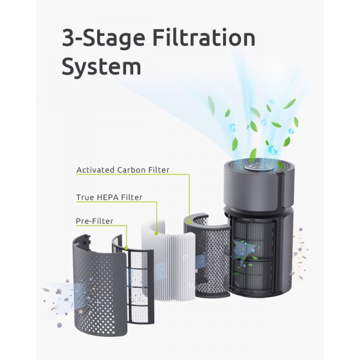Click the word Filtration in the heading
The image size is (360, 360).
(203, 38)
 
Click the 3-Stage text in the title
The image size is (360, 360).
(104, 38)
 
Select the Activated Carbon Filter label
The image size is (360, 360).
(123, 170)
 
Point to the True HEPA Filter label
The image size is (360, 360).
(109, 197)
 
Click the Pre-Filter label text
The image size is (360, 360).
(95, 221)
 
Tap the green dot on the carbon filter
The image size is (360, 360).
(190, 222)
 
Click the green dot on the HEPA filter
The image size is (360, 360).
(157, 233)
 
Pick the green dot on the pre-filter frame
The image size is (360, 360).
(126, 248)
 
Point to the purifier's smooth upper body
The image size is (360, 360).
(259, 188)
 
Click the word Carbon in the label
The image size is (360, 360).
(131, 170)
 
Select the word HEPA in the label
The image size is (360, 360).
(107, 197)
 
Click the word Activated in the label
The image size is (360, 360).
(95, 170)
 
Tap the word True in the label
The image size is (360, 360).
(85, 197)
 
